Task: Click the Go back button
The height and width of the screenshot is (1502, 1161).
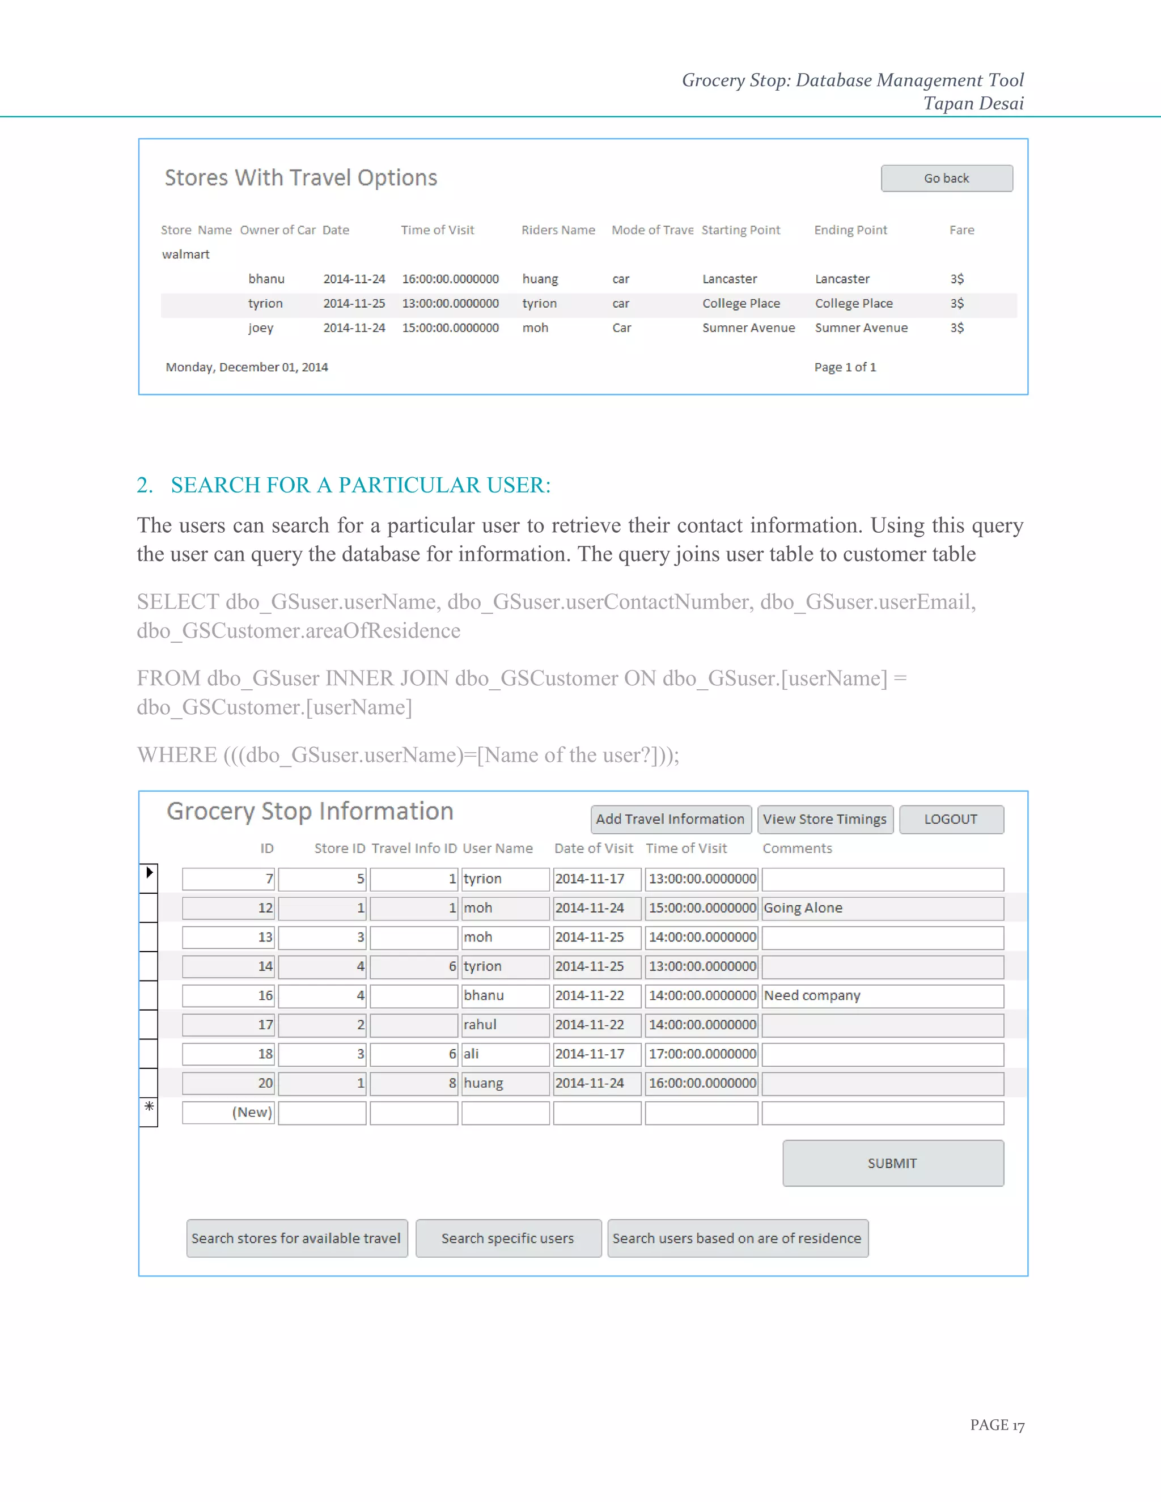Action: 946,178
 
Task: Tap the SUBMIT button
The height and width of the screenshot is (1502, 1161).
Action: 892,1163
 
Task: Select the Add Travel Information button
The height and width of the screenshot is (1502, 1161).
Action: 670,819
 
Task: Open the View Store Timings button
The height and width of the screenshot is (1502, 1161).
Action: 825,819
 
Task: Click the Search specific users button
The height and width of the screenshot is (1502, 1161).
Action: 507,1238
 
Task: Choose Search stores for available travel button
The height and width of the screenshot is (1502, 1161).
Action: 296,1238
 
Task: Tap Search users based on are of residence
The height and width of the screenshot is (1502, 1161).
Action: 738,1238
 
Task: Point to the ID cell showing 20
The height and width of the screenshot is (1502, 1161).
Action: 228,1083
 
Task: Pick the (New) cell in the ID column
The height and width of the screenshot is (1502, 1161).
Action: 228,1112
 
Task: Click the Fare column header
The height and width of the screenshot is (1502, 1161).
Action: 961,230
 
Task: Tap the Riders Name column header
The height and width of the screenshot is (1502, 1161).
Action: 558,230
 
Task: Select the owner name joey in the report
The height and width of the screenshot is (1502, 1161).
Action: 261,328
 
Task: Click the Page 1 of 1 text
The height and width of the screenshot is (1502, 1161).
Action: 845,367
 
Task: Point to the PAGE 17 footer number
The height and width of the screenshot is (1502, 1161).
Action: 997,1425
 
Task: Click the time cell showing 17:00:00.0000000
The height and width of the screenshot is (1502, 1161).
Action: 702,1054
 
